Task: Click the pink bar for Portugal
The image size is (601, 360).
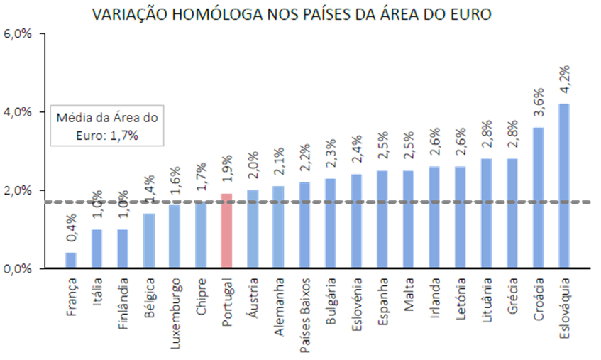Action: [x=226, y=231]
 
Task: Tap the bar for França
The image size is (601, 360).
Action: [x=71, y=260]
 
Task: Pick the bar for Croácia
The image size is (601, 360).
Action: [x=538, y=197]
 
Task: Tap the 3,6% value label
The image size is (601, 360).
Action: [x=538, y=103]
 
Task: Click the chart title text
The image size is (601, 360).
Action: [x=292, y=15]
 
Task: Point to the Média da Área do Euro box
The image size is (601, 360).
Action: [x=106, y=126]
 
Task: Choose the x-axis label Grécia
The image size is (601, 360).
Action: [x=512, y=295]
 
